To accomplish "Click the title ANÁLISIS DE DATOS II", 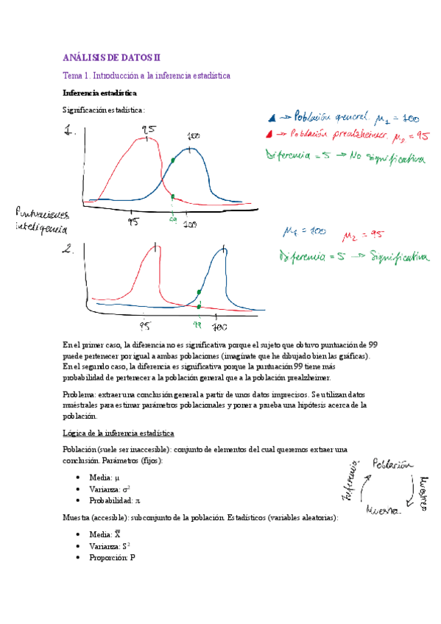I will [110, 57].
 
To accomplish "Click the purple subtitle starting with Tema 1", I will [147, 76].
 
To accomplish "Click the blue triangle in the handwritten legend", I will [272, 117].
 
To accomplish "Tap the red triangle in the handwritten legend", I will [272, 135].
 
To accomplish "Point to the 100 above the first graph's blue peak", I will [194, 137].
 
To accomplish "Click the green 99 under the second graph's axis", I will [197, 322].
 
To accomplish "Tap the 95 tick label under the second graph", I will [146, 324].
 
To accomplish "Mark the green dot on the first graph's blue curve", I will [172, 160].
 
